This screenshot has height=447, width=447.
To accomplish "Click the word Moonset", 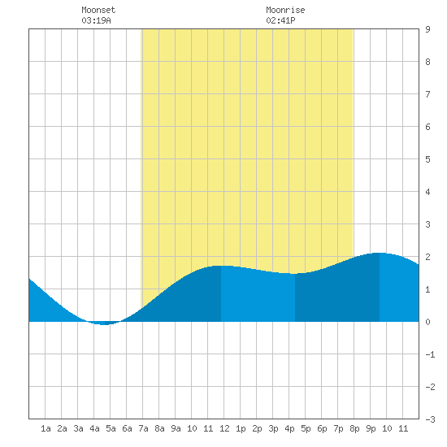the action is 98,10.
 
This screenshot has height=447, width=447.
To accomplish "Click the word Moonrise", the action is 285,10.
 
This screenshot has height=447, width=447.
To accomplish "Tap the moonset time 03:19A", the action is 96,20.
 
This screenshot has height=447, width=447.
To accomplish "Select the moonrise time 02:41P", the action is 280,20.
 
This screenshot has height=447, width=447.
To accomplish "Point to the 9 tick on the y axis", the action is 427,29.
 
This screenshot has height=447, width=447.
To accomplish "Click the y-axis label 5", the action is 427,159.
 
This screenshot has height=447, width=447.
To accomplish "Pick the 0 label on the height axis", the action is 427,322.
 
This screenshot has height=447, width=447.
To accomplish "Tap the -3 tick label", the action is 430,419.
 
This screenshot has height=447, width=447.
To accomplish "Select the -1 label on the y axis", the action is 430,354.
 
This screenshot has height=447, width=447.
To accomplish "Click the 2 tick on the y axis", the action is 427,257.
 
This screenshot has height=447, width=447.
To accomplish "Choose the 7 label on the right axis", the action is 427,94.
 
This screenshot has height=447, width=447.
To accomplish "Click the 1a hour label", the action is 46,428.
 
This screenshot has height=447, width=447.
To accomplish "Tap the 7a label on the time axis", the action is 143,428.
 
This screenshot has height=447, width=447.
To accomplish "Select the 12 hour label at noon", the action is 224,428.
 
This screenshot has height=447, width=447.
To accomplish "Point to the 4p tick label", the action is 289,428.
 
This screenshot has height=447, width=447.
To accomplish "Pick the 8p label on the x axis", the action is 354,428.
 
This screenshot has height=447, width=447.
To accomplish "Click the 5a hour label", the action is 111,428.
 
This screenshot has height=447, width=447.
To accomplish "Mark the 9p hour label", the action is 371,428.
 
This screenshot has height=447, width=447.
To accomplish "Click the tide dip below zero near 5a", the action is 104,323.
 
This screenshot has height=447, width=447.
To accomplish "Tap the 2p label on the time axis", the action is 257,428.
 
